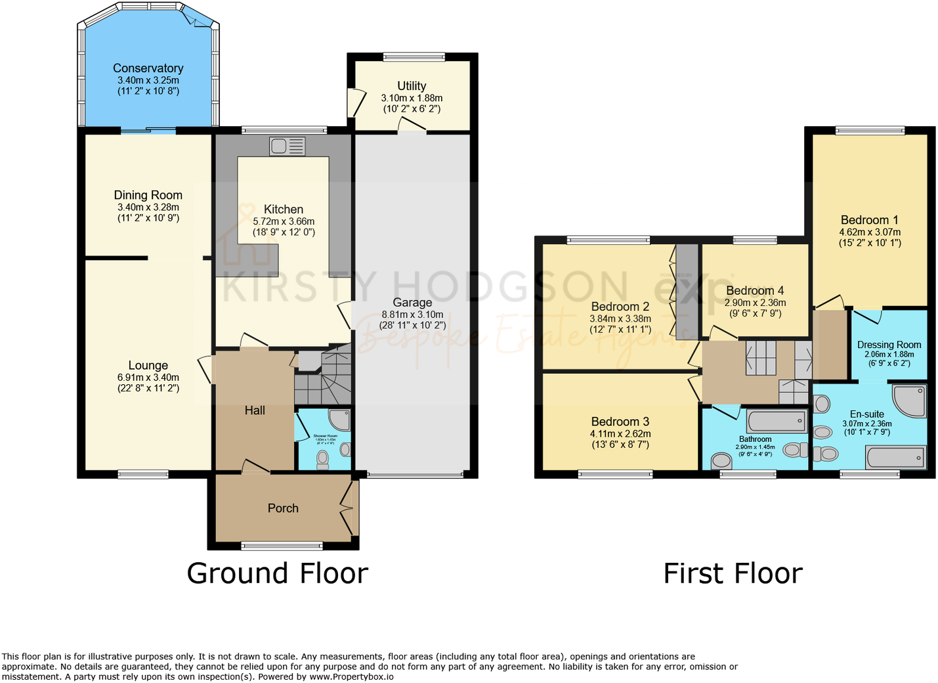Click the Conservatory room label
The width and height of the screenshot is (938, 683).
point(148,68)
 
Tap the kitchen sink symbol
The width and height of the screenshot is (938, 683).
point(287,146)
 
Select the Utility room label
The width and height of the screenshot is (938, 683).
point(412,86)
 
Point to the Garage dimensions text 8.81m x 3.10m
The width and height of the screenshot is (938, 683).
point(412,315)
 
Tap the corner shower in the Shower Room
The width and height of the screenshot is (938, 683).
point(340,420)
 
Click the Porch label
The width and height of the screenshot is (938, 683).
point(283,508)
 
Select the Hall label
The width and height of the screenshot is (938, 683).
point(255,410)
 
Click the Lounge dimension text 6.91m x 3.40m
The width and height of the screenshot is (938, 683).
point(148,378)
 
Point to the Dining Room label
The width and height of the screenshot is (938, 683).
point(148,195)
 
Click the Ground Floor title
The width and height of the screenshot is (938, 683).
point(277,573)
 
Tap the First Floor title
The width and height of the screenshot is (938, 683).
point(733,573)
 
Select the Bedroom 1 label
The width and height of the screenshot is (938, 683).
point(869,220)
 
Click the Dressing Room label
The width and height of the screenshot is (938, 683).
point(889,345)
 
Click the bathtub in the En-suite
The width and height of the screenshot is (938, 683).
point(896,456)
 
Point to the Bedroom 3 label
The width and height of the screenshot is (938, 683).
point(620,422)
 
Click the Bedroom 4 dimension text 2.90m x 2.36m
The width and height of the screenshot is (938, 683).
point(755,303)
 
